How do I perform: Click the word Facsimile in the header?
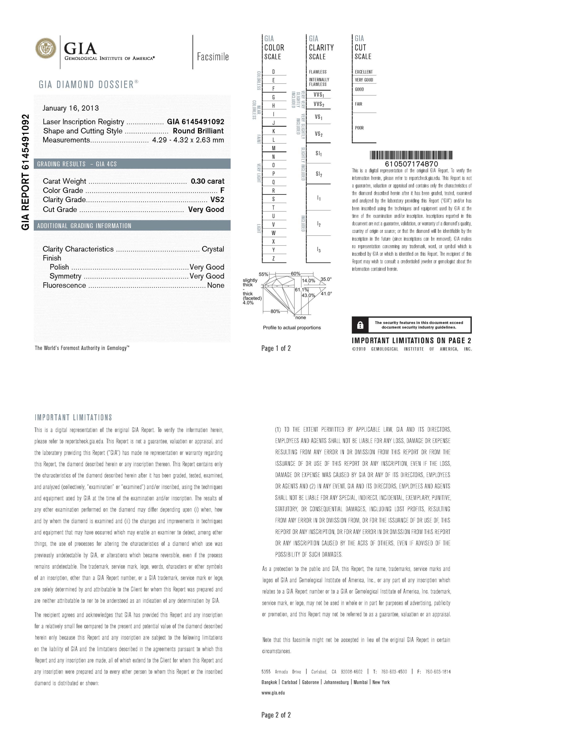[x=213, y=57]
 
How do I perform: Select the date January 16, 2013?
[x=70, y=108]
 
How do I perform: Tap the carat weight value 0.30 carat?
[x=207, y=181]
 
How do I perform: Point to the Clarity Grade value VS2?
[x=217, y=200]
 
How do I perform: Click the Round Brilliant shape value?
[x=198, y=131]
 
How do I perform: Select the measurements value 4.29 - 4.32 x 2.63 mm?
[x=188, y=140]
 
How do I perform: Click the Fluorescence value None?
[x=216, y=286]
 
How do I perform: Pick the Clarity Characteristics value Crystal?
[x=213, y=249]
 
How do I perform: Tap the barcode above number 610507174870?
[x=411, y=155]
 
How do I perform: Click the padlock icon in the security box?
[x=360, y=325]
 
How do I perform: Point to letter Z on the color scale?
[x=273, y=259]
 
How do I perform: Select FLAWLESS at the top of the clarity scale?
[x=318, y=72]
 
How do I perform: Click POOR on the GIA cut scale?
[x=359, y=128]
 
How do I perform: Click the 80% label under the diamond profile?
[x=275, y=311]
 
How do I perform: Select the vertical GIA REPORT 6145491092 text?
[x=25, y=172]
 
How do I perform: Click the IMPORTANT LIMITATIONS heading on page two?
[x=73, y=418]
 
